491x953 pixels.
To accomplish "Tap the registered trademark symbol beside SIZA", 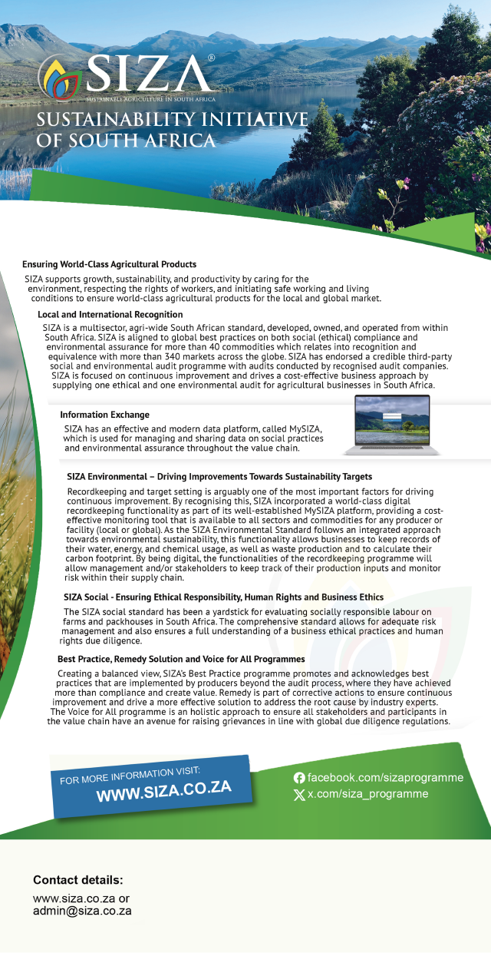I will (210, 58).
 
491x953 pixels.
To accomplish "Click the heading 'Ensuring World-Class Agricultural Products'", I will (109, 264).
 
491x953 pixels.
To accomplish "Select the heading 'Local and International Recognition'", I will (110, 315).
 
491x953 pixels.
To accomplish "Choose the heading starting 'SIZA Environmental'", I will (219, 477).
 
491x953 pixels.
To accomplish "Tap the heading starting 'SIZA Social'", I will (223, 597).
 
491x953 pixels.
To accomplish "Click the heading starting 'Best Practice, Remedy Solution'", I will (181, 659).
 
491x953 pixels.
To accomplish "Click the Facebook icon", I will (299, 778).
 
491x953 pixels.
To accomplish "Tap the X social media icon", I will (299, 795).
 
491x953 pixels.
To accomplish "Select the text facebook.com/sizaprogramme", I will (385, 778).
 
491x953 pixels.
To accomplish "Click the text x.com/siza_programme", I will (367, 794).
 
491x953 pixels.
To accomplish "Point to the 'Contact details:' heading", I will (77, 880).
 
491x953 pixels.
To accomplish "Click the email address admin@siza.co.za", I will (82, 911).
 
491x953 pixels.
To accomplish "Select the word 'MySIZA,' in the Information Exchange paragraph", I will (302, 428).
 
